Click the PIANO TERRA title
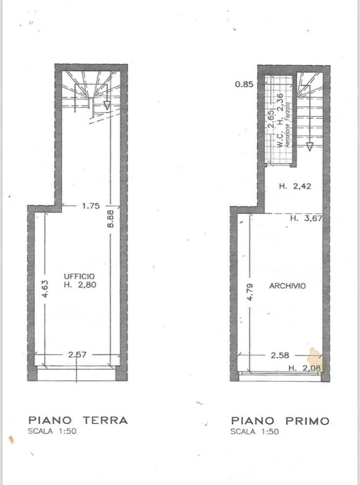(x=78, y=420)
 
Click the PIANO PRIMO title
(x=280, y=421)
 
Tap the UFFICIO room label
(x=79, y=276)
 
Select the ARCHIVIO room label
(x=287, y=286)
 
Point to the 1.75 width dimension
(x=91, y=206)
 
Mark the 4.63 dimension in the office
(x=45, y=289)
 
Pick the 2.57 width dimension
(x=77, y=355)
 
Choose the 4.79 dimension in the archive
(x=251, y=292)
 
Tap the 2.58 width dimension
(x=280, y=356)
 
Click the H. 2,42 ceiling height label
(x=295, y=186)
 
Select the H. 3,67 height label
(x=306, y=218)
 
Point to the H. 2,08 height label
(x=304, y=368)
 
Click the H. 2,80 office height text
(x=80, y=285)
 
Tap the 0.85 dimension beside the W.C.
(x=244, y=84)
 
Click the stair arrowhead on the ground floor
(x=107, y=106)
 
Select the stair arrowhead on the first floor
(x=309, y=147)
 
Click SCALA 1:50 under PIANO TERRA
(x=52, y=431)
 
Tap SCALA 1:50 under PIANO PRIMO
(x=254, y=432)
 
